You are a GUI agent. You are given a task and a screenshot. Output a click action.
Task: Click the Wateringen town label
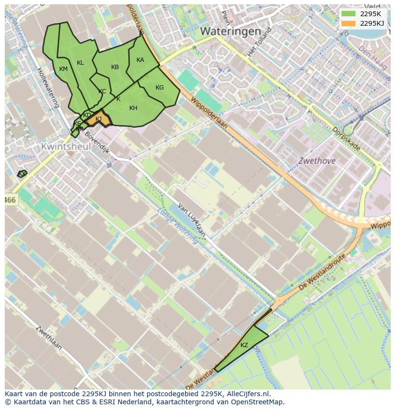230,31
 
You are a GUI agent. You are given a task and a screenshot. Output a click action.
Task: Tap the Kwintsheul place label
66,147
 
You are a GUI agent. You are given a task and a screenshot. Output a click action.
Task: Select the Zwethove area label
317,161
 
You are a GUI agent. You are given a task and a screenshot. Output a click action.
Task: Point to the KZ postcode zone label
244,345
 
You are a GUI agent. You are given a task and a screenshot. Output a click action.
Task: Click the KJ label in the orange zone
99,119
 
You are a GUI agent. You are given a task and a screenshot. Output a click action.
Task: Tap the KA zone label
140,60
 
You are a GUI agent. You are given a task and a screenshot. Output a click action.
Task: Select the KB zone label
115,67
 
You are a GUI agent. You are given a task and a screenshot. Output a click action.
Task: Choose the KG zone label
159,88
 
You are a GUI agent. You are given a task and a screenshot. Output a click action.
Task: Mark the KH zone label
133,108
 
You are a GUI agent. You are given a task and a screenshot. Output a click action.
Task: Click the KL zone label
80,63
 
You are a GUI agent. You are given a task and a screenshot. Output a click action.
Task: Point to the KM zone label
63,69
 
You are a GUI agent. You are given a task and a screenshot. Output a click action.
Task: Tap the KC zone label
102,91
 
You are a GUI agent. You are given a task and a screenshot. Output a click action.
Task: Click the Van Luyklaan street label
191,220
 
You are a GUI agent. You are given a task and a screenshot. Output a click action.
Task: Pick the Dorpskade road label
346,139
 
